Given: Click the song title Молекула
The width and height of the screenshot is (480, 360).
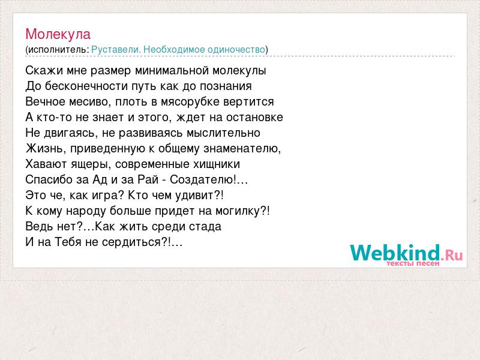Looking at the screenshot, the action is click(58, 34).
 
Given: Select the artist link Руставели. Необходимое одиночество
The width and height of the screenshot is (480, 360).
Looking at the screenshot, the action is click(178, 49).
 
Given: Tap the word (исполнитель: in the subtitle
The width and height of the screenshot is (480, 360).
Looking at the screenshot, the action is click(57, 50).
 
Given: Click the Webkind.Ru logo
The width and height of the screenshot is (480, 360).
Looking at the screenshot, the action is click(406, 253).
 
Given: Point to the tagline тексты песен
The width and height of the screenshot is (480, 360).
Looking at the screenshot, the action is click(413, 263).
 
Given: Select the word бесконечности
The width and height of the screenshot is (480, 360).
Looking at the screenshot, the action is click(86, 86).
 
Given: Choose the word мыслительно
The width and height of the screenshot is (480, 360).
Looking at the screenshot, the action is click(223, 133).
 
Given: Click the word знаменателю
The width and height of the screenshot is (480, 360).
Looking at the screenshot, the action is click(242, 148).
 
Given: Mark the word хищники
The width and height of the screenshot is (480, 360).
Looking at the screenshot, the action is click(217, 164).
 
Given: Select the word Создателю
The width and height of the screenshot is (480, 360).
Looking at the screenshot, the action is click(203, 179).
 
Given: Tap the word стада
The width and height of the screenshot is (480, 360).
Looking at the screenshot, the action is click(205, 227).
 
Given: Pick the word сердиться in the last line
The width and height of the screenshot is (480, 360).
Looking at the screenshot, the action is click(131, 242).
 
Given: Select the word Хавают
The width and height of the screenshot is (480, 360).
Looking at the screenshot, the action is click(47, 164).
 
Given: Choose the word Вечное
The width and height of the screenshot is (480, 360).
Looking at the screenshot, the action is click(45, 101).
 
